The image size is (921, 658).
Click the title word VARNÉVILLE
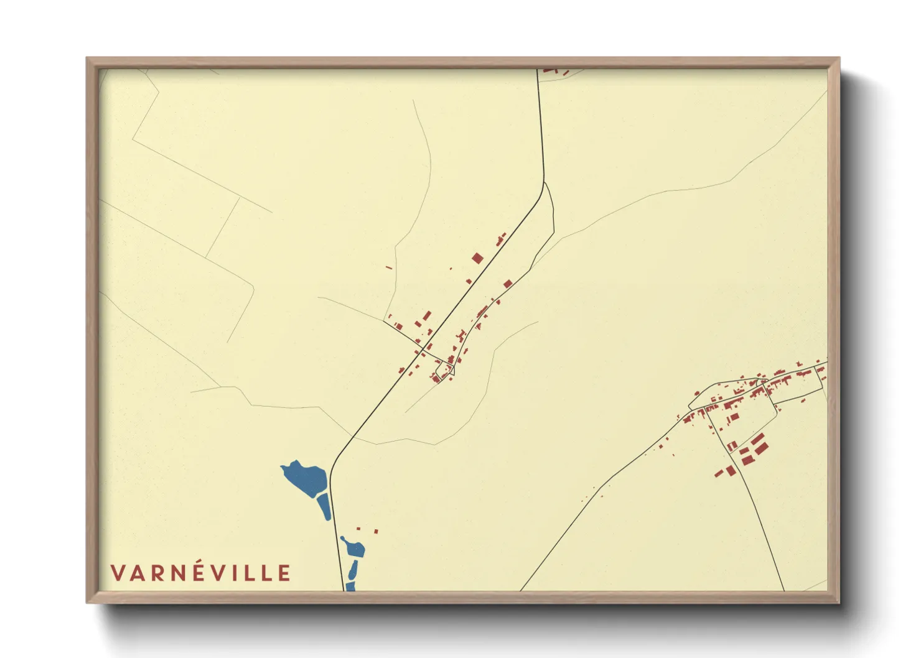click(x=200, y=573)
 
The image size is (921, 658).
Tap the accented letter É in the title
click(x=211, y=572)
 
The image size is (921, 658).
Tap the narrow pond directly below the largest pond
click(x=324, y=506)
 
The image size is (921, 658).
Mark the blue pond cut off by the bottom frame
click(x=350, y=586)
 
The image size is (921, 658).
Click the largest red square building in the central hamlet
click(x=477, y=258)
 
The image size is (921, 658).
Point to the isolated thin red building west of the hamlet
click(x=389, y=268)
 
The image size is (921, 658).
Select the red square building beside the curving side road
click(x=508, y=284)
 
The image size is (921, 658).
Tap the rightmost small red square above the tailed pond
click(x=376, y=532)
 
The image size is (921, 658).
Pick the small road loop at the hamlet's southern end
click(x=446, y=368)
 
